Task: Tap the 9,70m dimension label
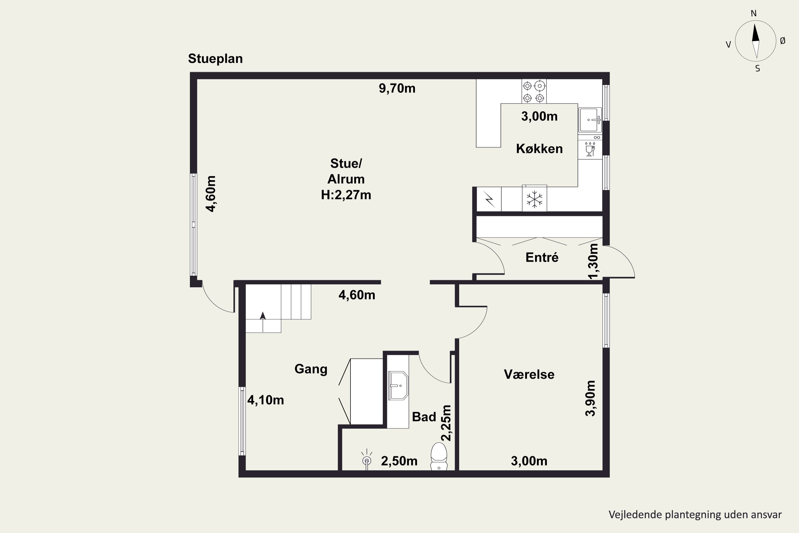click(397, 88)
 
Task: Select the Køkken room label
click(539, 148)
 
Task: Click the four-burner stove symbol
click(534, 91)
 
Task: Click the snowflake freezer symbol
click(534, 199)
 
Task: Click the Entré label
click(542, 257)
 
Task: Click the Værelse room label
click(529, 374)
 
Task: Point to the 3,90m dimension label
click(590, 398)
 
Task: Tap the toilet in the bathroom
click(439, 456)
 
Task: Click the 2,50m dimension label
click(399, 461)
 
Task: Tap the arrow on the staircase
click(263, 322)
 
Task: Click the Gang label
click(311, 369)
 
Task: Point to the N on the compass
click(753, 14)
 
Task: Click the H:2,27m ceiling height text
click(346, 195)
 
